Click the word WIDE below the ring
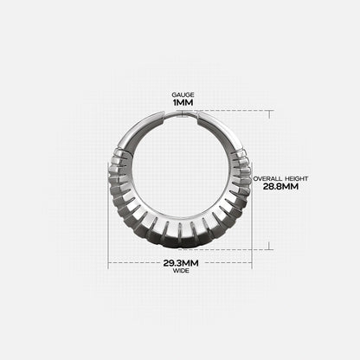click(180, 271)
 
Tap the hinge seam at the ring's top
click(179, 114)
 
